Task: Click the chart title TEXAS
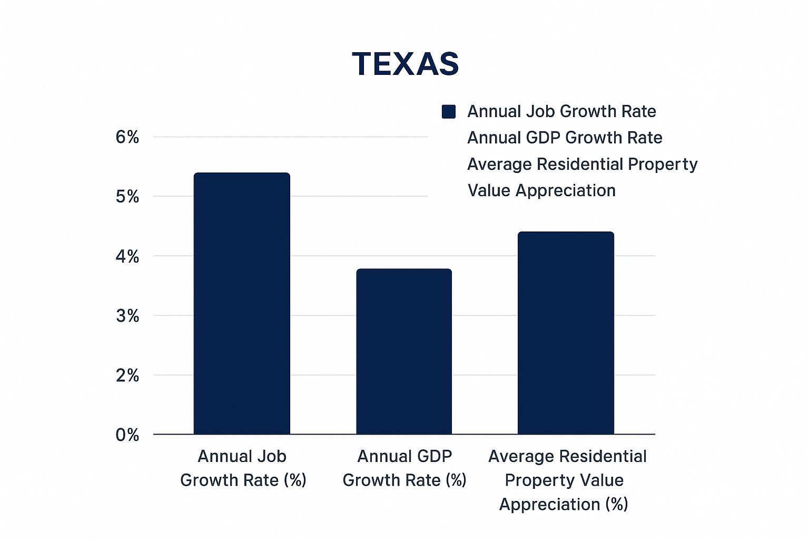click(405, 64)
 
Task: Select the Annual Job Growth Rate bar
click(242, 304)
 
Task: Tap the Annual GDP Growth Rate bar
click(404, 352)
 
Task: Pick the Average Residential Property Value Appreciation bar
click(566, 333)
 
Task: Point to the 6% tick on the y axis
click(127, 138)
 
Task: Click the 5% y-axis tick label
click(127, 197)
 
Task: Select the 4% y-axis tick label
click(127, 257)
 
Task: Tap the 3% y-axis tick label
click(127, 316)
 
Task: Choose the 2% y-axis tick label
click(127, 376)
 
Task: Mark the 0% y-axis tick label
click(127, 436)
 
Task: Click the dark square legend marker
click(449, 112)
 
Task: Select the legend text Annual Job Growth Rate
click(561, 112)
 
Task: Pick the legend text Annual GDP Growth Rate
click(565, 138)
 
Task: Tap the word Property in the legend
click(663, 165)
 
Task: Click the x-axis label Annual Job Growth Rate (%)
click(243, 468)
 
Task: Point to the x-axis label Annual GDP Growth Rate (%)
click(404, 468)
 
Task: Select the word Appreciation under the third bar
click(549, 505)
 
